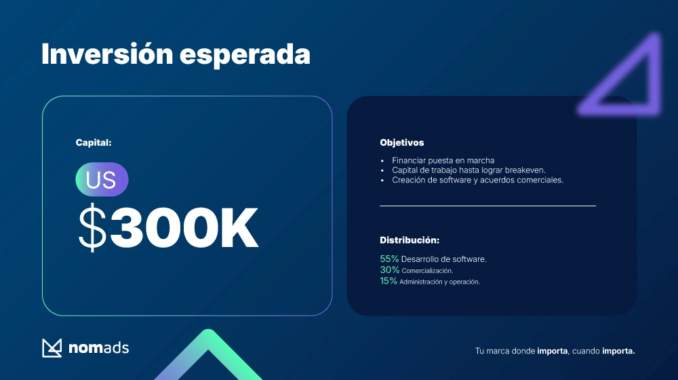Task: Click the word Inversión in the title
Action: pos(107,54)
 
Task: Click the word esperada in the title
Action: pos(245,56)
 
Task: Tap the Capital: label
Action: pos(94,142)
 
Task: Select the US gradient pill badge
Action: pos(102,180)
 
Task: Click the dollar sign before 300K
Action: pos(92,227)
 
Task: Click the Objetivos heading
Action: pos(401,142)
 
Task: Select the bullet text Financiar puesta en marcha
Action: pos(443,160)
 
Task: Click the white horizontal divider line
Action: pos(487,206)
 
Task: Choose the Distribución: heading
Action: pos(410,240)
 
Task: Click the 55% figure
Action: pos(389,259)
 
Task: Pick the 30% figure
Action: pos(390,270)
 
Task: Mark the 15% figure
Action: pos(388,281)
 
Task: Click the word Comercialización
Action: pos(427,271)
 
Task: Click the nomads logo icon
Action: pos(52,348)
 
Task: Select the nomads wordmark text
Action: pos(98,348)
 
